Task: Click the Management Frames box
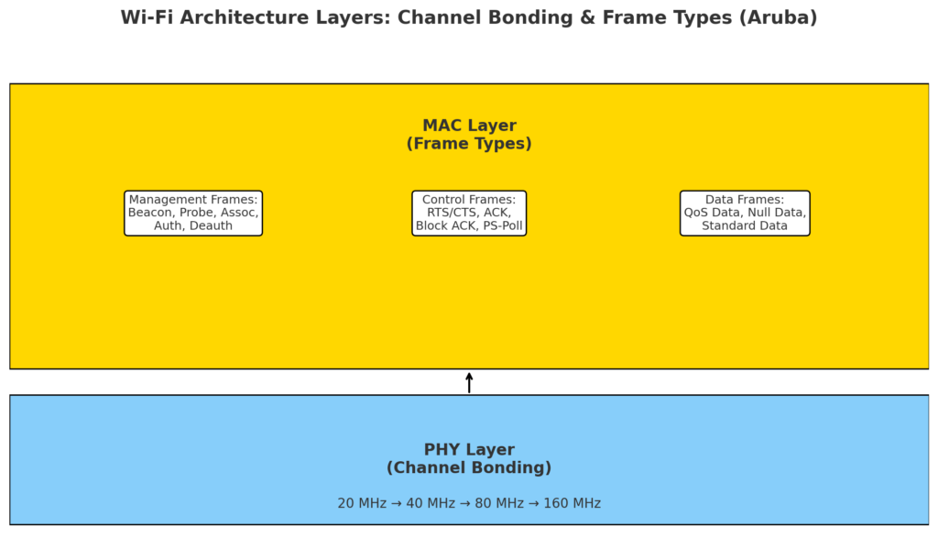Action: pos(193,213)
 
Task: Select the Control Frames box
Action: pos(469,213)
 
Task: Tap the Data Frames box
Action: pos(745,213)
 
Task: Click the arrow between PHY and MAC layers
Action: pos(469,383)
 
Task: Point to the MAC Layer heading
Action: pos(469,126)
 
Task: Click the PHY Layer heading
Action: pos(469,450)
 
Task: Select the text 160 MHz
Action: pos(572,503)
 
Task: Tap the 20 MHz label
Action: pos(362,503)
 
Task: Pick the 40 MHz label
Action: pos(431,503)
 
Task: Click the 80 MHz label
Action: pos(499,503)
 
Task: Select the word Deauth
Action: pos(211,225)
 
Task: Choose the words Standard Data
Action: pos(745,225)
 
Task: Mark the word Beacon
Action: pos(149,213)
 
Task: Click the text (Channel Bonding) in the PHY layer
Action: pos(469,467)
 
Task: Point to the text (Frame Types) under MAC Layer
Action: pos(469,144)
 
